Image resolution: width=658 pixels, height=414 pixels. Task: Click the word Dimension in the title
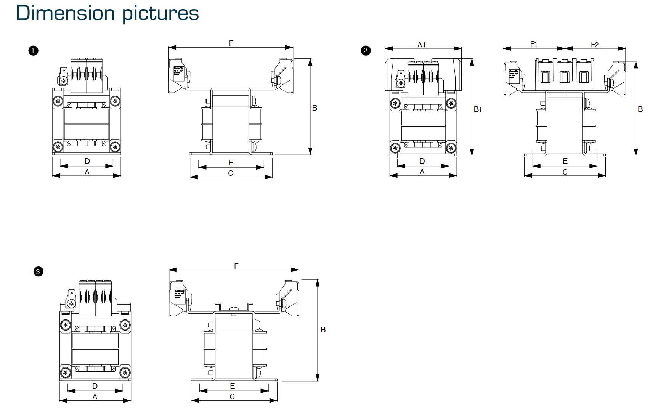coord(65,13)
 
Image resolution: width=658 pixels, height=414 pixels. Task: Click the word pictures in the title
coord(160,14)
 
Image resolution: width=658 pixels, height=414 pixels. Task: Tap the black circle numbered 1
coord(33,51)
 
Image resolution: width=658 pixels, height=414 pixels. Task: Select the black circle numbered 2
coord(366,51)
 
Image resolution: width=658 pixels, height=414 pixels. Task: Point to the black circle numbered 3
coord(38,272)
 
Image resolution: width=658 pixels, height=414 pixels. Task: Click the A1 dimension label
coord(421,45)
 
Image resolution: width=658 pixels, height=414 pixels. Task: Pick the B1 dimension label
coord(478,109)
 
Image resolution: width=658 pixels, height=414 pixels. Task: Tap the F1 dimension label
coord(534,44)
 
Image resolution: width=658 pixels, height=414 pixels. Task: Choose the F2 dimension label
coord(595,45)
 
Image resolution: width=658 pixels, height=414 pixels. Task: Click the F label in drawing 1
coord(231,43)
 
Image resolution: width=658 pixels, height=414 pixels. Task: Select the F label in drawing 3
coord(236,266)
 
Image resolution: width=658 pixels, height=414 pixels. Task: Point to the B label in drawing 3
coord(323,330)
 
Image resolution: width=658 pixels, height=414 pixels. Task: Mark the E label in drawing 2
coord(565,161)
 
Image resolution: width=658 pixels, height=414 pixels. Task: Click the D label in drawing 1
coord(87,161)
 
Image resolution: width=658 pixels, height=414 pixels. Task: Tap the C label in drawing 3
coord(232,396)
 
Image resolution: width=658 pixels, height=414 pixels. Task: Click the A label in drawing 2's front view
coord(422,172)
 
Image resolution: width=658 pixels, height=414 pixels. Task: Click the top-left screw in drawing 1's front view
coord(58,101)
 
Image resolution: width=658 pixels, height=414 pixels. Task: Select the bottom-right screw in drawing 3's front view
coord(125,372)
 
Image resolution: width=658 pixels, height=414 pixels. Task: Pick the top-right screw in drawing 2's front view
coord(451,103)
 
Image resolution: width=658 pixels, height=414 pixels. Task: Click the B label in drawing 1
coord(315,108)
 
